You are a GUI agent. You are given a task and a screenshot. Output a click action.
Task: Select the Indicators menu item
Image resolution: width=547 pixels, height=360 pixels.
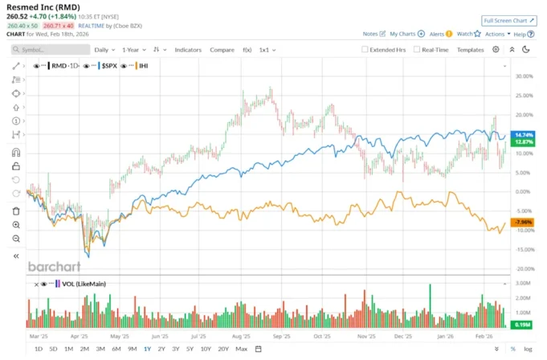click(x=188, y=50)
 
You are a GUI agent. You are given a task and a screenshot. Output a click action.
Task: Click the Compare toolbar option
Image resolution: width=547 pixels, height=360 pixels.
click(x=222, y=50)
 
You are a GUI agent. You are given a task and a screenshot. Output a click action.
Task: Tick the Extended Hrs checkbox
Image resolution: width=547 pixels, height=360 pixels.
click(x=365, y=50)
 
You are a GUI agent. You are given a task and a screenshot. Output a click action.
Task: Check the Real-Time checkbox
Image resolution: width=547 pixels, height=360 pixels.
click(x=417, y=50)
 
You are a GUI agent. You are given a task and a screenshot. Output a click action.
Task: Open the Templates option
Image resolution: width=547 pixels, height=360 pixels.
click(x=470, y=50)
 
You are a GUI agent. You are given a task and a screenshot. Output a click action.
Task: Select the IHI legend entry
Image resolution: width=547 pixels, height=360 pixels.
click(x=143, y=65)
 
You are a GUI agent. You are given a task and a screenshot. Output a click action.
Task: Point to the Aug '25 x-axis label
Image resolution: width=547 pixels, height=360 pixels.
click(x=241, y=338)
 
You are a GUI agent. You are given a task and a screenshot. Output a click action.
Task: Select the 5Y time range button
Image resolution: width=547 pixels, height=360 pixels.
click(x=190, y=349)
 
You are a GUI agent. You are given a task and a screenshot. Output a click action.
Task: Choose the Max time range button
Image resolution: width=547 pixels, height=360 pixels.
click(x=241, y=349)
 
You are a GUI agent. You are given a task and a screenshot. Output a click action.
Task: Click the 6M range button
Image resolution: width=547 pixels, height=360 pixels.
click(x=116, y=349)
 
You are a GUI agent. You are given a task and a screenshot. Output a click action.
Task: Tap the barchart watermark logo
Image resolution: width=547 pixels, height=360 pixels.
click(x=55, y=266)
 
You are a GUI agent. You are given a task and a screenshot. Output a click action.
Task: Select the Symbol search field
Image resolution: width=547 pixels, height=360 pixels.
click(x=52, y=50)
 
